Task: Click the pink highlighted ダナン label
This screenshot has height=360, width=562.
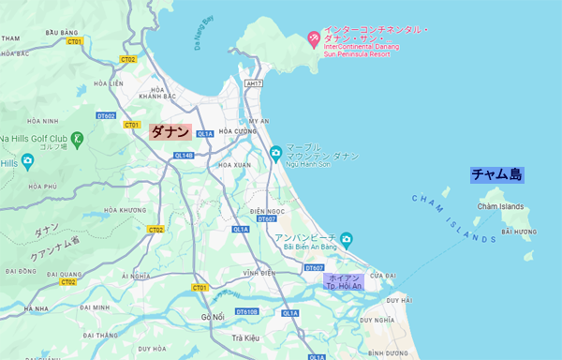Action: coord(170,133)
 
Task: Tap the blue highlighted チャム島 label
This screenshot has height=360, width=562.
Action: coord(496,174)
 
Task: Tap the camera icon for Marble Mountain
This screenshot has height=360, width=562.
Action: coord(274,153)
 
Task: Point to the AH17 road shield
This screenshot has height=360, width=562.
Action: coord(252,83)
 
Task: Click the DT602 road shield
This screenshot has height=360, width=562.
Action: coord(106,116)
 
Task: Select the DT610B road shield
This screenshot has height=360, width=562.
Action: coord(246,311)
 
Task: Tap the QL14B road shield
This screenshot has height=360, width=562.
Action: coord(183,156)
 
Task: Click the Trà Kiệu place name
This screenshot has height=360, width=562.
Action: coord(244,337)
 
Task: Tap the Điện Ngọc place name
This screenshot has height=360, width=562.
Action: coord(268,212)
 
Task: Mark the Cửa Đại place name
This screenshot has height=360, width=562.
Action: coord(383,276)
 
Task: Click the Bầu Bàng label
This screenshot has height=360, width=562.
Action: coord(60,32)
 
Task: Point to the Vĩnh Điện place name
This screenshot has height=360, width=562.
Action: coord(257,273)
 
